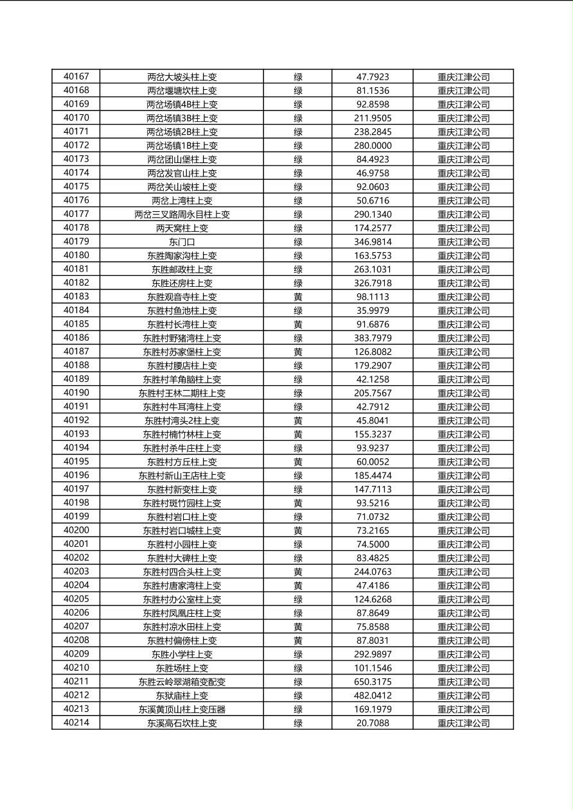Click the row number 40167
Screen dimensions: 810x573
[76, 77]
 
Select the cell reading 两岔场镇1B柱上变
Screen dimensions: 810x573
[182, 146]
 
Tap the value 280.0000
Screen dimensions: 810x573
[373, 146]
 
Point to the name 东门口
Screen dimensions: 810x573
[182, 242]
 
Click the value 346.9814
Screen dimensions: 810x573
[373, 242]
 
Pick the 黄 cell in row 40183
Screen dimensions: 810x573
[298, 297]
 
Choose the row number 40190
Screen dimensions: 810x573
[76, 393]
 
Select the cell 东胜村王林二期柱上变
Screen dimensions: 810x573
[182, 393]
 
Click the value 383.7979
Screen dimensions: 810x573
[373, 338]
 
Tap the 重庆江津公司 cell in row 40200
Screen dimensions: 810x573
[463, 530]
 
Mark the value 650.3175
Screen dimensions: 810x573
[373, 682]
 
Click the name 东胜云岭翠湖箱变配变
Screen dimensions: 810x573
[182, 682]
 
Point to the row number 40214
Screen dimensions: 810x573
[76, 723]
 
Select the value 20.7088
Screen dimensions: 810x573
[373, 723]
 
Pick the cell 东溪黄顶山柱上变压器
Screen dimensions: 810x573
[182, 709]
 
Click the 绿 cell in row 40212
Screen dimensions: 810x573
[298, 695]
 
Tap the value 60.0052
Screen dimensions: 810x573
[373, 461]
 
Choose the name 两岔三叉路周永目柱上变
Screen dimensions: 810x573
[182, 214]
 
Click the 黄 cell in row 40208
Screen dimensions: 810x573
[298, 641]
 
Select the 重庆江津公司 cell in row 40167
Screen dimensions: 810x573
[463, 77]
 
